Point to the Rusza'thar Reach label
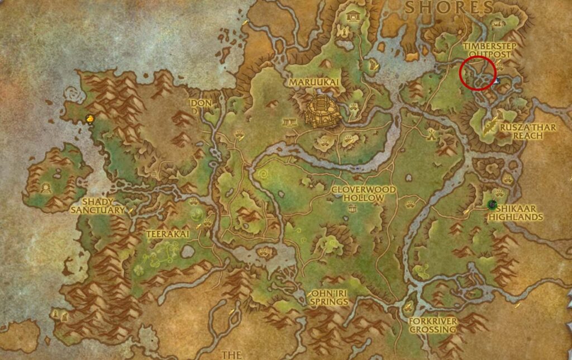coord(528,131)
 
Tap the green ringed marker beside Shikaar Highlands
coord(492,205)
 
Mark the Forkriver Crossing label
coord(432,325)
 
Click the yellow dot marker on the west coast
coord(90,118)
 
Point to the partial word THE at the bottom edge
coord(231,354)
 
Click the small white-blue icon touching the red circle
coord(497,81)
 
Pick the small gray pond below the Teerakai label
coord(188,252)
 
